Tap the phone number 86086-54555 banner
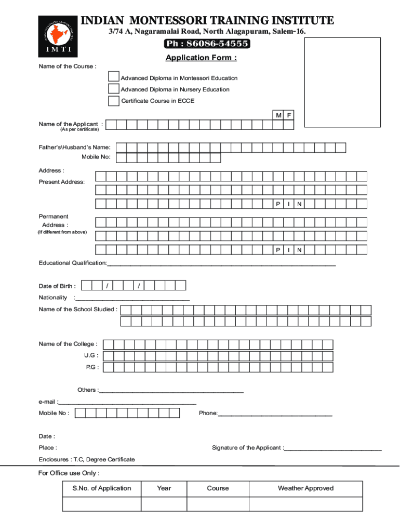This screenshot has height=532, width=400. pyautogui.click(x=207, y=44)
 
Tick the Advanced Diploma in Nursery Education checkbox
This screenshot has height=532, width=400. pyautogui.click(x=113, y=89)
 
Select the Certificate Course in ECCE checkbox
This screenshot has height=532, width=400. pyautogui.click(x=113, y=101)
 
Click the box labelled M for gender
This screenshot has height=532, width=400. pyautogui.click(x=279, y=115)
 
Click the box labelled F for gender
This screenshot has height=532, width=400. pyautogui.click(x=289, y=115)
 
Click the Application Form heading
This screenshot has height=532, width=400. pyautogui.click(x=201, y=58)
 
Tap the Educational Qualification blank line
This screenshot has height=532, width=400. pyautogui.click(x=221, y=264)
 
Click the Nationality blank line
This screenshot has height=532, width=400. pyautogui.click(x=132, y=299)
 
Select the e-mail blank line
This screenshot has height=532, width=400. pyautogui.click(x=128, y=403)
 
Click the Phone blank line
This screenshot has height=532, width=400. pyautogui.click(x=275, y=415)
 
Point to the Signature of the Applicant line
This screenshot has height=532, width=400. pyautogui.click(x=332, y=449)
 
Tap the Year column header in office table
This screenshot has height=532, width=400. pyautogui.click(x=164, y=488)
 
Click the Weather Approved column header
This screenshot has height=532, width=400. pyautogui.click(x=305, y=488)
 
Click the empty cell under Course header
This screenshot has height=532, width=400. pyautogui.click(x=218, y=504)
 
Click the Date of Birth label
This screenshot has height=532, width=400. pyautogui.click(x=57, y=286)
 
